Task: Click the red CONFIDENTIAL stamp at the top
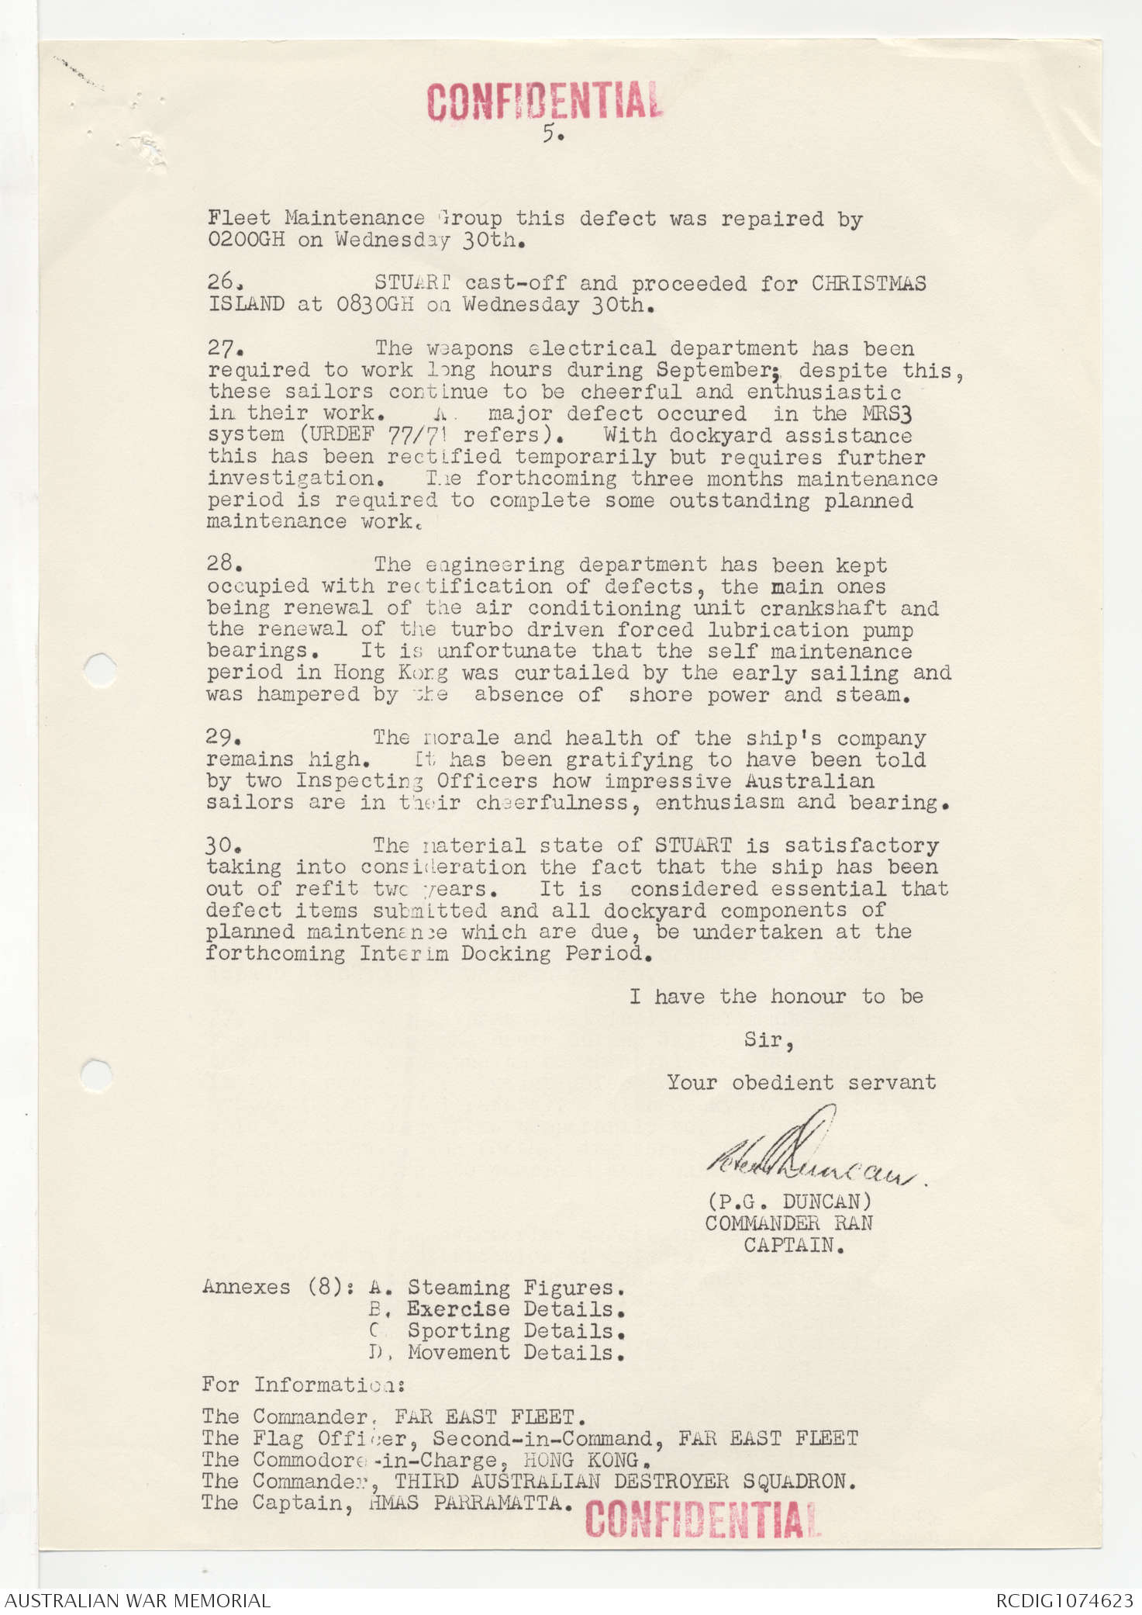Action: coord(544,102)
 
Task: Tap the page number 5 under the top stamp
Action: coord(550,133)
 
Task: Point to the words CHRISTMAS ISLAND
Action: coord(868,284)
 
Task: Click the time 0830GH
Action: coord(374,305)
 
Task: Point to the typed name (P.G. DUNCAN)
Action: coord(789,1202)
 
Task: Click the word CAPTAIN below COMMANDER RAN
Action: coord(793,1245)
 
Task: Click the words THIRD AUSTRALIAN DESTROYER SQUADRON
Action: coord(624,1481)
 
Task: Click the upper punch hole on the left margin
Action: coord(99,669)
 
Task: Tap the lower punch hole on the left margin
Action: coord(96,1075)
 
